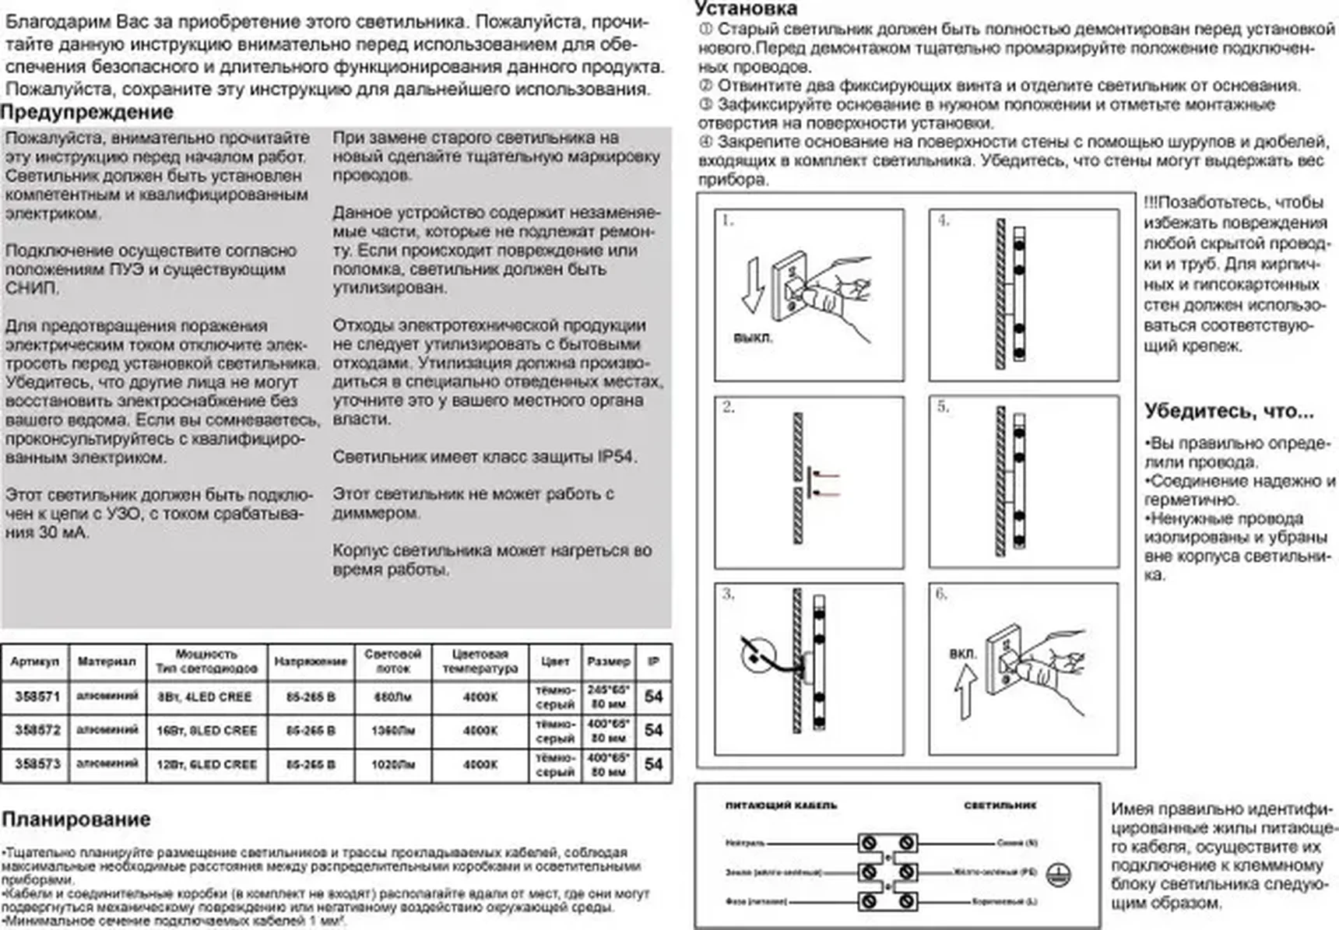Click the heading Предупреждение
86,112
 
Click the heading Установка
746,9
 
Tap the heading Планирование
76,819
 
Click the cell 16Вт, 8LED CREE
206,730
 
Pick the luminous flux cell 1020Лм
392,764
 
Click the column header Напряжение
310,662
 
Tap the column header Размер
608,662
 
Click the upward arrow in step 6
965,693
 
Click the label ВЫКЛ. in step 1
753,339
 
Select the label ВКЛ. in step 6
962,653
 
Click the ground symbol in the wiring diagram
1058,875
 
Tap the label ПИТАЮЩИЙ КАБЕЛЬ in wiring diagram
780,805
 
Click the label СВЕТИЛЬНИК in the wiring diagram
1000,805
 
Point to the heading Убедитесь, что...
1228,411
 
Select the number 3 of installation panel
728,594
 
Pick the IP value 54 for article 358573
653,764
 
